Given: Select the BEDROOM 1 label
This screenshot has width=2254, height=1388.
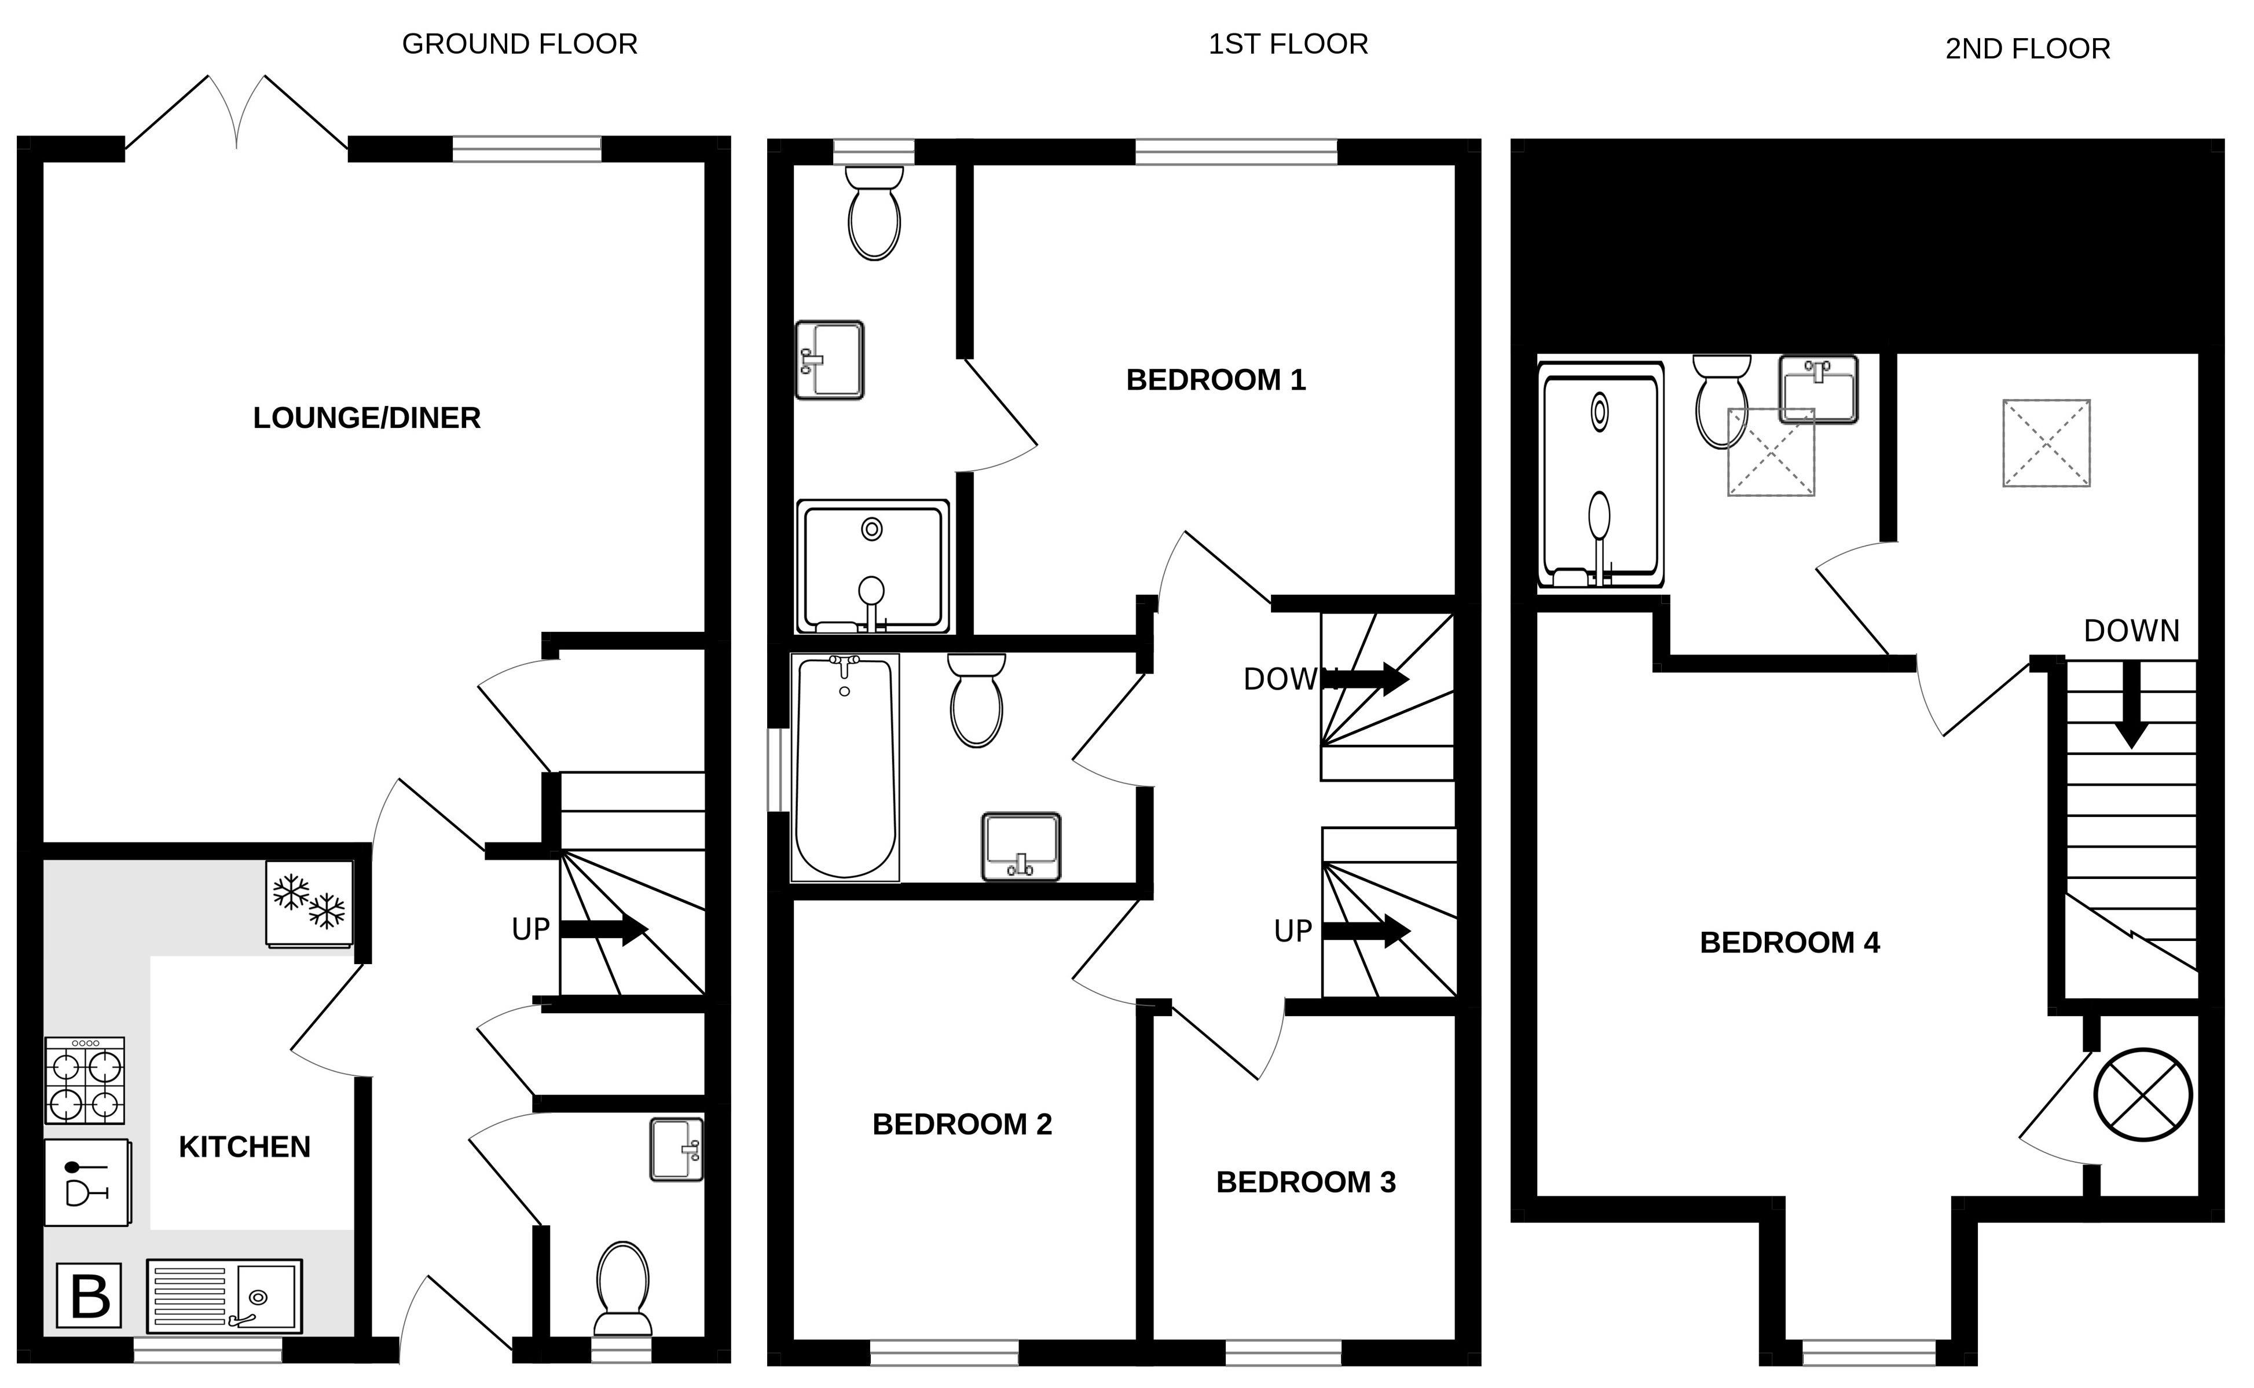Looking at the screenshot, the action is pyautogui.click(x=1215, y=380).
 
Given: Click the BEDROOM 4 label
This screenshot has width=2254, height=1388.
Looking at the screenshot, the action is pyautogui.click(x=1790, y=943).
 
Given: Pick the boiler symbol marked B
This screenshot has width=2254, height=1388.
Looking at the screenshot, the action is pyautogui.click(x=89, y=1295).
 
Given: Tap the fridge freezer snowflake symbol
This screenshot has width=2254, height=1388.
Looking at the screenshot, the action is pyautogui.click(x=309, y=902).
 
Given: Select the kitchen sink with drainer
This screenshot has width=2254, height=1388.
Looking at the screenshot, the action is pyautogui.click(x=224, y=1295).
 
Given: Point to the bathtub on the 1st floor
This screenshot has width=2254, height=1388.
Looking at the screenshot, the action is pyautogui.click(x=844, y=767).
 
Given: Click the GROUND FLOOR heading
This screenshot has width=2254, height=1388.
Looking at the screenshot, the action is pyautogui.click(x=519, y=44).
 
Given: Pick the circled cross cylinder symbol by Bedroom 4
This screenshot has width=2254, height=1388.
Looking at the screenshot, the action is pyautogui.click(x=2142, y=1095).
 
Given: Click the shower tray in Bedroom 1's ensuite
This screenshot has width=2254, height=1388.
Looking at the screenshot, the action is pyautogui.click(x=873, y=566).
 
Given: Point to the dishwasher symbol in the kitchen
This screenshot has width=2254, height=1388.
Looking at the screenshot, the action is pyautogui.click(x=87, y=1182).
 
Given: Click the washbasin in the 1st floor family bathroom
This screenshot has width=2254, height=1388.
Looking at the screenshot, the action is pyautogui.click(x=1021, y=847).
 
